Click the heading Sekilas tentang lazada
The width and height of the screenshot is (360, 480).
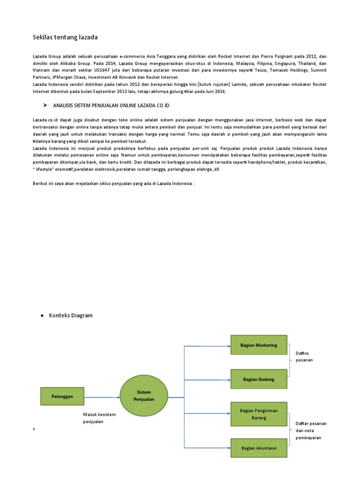(65, 37)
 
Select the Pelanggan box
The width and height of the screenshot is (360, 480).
(62, 396)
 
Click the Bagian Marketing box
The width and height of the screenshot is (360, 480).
(258, 345)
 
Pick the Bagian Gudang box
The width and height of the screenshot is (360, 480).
(258, 379)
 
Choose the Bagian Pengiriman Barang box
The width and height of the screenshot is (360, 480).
(258, 414)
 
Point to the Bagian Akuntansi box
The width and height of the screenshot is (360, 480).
(258, 448)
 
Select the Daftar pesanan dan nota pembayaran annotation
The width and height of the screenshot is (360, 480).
(311, 430)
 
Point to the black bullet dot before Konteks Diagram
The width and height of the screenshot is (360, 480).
(42, 316)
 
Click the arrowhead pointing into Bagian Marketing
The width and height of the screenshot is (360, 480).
(229, 346)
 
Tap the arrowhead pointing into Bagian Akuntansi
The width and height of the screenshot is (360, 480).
(229, 447)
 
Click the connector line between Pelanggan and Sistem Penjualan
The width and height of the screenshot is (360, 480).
(102, 397)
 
